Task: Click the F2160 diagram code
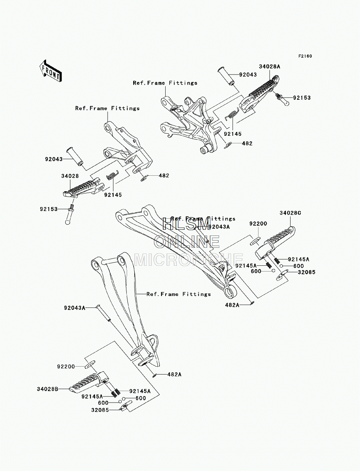tap(305, 56)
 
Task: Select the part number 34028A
tap(270, 67)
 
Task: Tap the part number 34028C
tap(290, 213)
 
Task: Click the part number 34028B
tap(48, 389)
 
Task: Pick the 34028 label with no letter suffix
tap(70, 176)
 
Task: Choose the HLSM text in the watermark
tap(186, 224)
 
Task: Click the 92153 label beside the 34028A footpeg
tap(302, 98)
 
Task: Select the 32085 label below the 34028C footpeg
tap(307, 272)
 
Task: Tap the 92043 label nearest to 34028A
tap(248, 75)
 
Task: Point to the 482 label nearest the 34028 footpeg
tap(164, 175)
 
